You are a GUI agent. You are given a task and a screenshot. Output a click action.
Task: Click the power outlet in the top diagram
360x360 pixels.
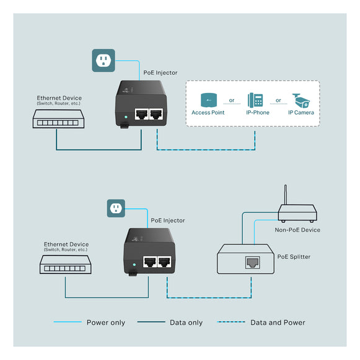coord(103,61)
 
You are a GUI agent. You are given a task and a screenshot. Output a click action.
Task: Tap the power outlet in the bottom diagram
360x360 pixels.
coord(115,209)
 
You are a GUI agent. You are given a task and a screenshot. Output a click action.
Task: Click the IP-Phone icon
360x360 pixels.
coord(255,100)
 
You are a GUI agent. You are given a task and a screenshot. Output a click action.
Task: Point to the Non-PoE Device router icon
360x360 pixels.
coord(297,214)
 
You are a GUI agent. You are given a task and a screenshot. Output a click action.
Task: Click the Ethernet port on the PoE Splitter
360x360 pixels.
coord(252,263)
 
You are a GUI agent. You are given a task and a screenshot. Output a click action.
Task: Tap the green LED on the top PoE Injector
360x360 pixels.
coord(126,115)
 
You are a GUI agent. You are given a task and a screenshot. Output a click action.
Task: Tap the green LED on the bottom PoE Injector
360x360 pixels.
coord(134,264)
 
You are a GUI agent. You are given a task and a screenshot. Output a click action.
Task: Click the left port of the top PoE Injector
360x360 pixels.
coord(141,114)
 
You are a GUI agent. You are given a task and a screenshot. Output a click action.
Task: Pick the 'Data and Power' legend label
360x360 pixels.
coord(278,322)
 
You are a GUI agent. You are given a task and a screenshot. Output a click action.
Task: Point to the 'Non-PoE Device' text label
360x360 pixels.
coord(297,230)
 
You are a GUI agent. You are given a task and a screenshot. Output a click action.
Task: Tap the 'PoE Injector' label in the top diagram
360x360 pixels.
coord(160,72)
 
